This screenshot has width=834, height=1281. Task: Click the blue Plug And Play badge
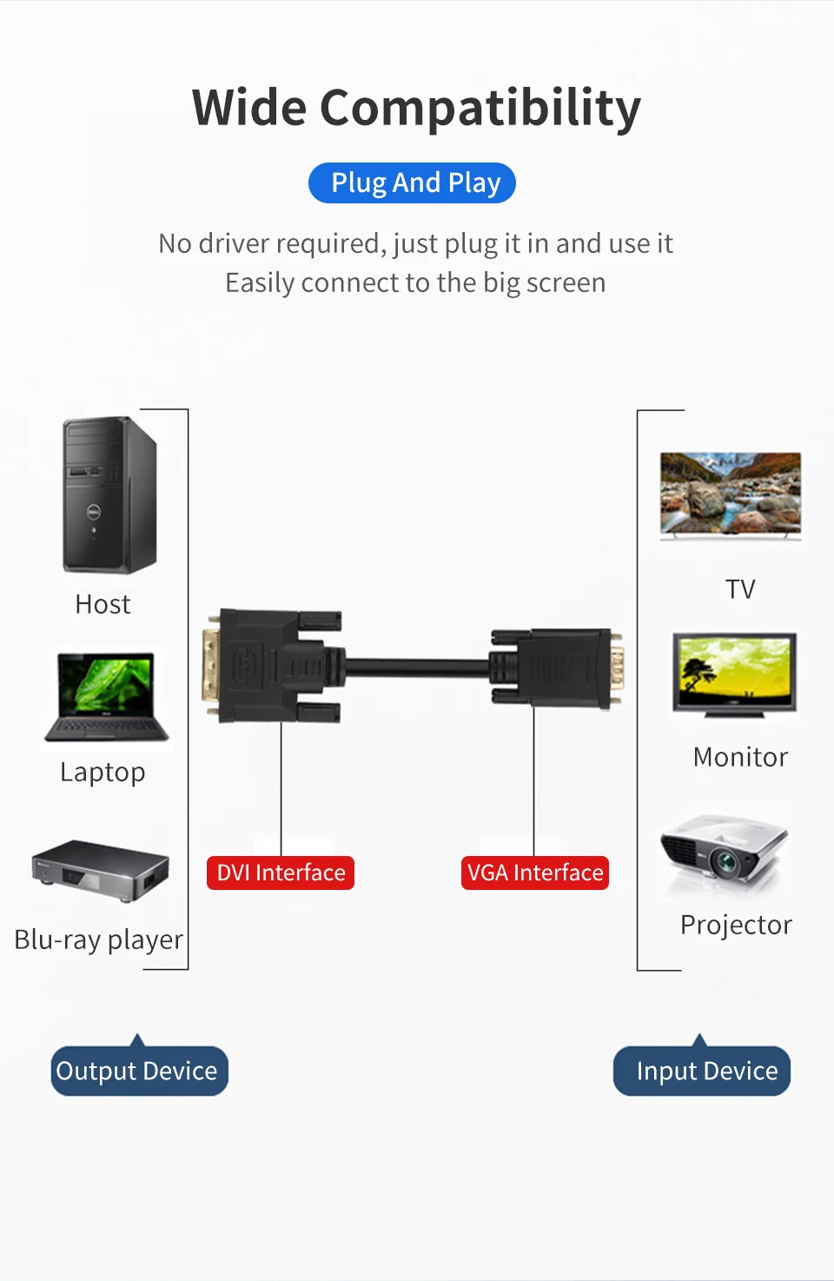(412, 183)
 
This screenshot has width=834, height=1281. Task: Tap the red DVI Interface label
(281, 873)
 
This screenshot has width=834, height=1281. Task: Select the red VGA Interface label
(534, 873)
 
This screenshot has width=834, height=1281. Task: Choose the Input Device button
(702, 1071)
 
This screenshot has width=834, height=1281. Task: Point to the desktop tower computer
(109, 494)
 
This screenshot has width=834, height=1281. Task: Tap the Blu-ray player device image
(100, 870)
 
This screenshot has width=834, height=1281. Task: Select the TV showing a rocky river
(731, 494)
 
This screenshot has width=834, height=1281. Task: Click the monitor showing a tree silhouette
(735, 674)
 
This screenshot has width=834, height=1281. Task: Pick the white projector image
(725, 853)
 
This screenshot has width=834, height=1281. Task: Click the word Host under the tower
(103, 604)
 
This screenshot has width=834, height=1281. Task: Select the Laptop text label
(103, 772)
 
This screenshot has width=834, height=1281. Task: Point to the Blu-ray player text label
(99, 939)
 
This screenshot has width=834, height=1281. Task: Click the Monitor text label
(740, 757)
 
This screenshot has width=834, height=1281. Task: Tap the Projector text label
(736, 925)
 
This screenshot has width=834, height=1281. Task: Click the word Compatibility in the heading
(480, 109)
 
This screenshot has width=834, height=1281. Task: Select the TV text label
(740, 589)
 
